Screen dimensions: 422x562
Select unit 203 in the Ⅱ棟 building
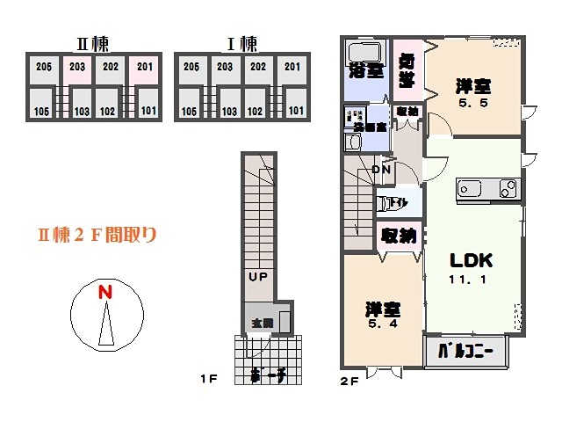(77, 66)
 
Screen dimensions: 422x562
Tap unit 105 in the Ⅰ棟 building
(189, 112)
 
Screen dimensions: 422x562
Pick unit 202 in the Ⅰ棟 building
(258, 66)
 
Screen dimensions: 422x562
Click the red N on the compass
(104, 292)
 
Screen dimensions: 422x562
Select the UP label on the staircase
(257, 276)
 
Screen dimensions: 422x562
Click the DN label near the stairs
(381, 170)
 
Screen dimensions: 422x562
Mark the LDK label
(472, 261)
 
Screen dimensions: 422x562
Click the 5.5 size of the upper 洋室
(471, 102)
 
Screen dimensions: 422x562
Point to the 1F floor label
(208, 380)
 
